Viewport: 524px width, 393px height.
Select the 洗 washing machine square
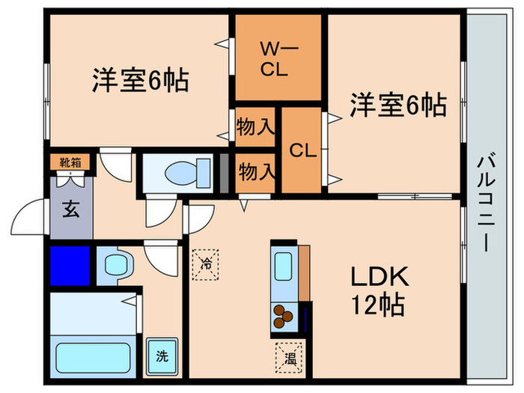point(162,357)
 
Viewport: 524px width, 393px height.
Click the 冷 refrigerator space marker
point(207,263)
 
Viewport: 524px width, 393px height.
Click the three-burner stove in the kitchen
point(283,317)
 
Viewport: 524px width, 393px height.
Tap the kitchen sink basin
point(283,266)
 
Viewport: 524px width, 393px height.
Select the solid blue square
point(70,265)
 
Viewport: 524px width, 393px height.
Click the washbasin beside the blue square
point(116,263)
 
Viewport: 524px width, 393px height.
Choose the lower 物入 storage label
point(255,171)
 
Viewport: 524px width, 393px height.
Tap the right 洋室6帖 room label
point(397,106)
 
